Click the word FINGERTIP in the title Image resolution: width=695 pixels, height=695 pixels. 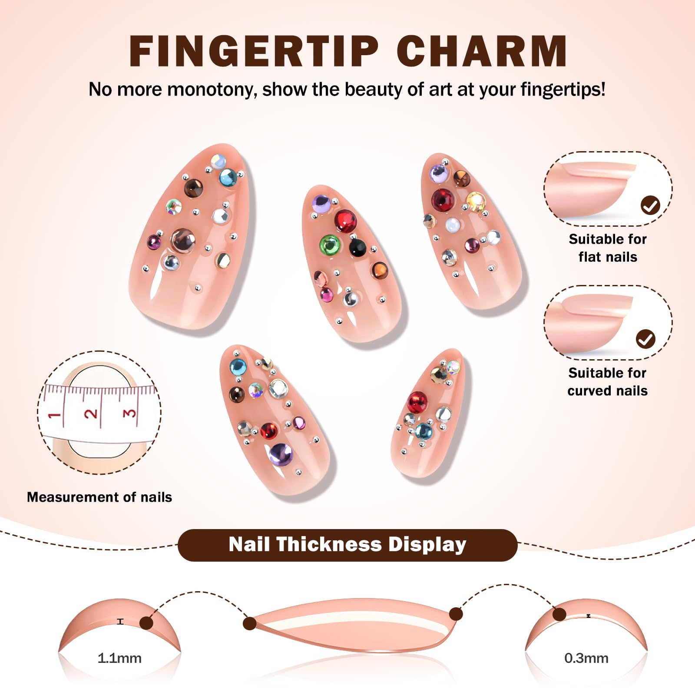[254, 51]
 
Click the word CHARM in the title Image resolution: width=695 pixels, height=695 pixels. [482, 51]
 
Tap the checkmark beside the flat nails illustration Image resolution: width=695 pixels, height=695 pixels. [650, 205]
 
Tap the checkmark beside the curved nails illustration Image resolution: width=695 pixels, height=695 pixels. [645, 339]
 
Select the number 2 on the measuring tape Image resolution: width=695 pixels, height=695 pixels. [91, 413]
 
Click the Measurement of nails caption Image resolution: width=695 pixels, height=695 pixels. [99, 497]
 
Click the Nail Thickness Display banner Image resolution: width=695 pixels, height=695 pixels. [347, 545]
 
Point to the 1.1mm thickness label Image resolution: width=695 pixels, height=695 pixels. [119, 658]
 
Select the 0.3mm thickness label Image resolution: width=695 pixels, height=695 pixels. [586, 658]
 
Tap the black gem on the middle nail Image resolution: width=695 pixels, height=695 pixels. [357, 247]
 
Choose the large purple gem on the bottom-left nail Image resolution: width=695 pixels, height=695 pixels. [281, 453]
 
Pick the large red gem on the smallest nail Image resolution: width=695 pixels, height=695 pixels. [417, 402]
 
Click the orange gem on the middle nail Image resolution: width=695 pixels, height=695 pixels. [379, 270]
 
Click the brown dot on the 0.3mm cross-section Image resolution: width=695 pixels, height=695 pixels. [559, 614]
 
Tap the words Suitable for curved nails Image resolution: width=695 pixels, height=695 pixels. [607, 382]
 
